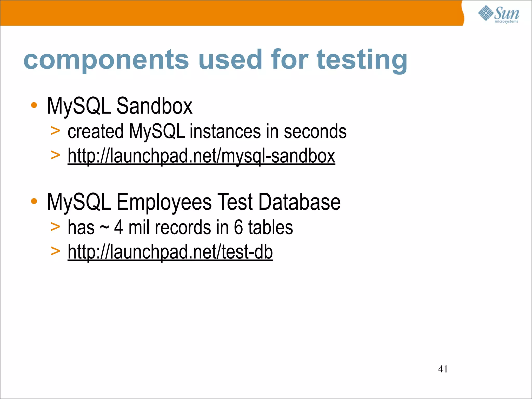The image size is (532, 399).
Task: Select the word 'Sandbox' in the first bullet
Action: click(154, 106)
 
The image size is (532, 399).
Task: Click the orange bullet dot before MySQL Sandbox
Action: click(34, 105)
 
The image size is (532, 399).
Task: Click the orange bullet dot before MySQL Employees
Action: click(34, 201)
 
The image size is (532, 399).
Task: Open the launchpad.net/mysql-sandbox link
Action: click(201, 156)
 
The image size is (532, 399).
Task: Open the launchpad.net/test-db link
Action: click(170, 252)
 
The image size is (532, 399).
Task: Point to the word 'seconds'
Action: click(315, 132)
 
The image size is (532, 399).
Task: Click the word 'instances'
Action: click(225, 132)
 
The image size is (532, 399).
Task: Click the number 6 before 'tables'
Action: click(238, 228)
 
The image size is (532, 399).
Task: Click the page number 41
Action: click(443, 369)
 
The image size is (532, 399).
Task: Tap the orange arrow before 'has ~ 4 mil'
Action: click(55, 227)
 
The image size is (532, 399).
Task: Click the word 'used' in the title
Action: click(230, 60)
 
